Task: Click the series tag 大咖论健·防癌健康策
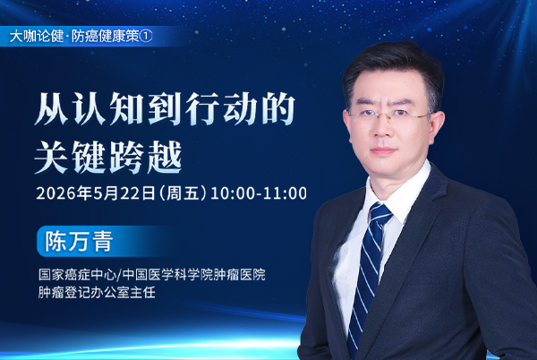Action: coord(74,37)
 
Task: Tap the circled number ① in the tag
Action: coord(146,37)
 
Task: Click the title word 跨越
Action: coord(146,157)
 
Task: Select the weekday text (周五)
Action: coord(183,193)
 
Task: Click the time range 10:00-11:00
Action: coord(259,193)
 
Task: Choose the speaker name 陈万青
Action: coord(79,241)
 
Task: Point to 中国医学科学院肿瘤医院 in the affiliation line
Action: coord(193,275)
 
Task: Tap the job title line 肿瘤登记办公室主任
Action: coord(97,292)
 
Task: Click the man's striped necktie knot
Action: coord(380,214)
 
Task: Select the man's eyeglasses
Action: coord(388,116)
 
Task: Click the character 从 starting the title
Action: coord(51,108)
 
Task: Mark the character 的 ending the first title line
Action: coord(278,108)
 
